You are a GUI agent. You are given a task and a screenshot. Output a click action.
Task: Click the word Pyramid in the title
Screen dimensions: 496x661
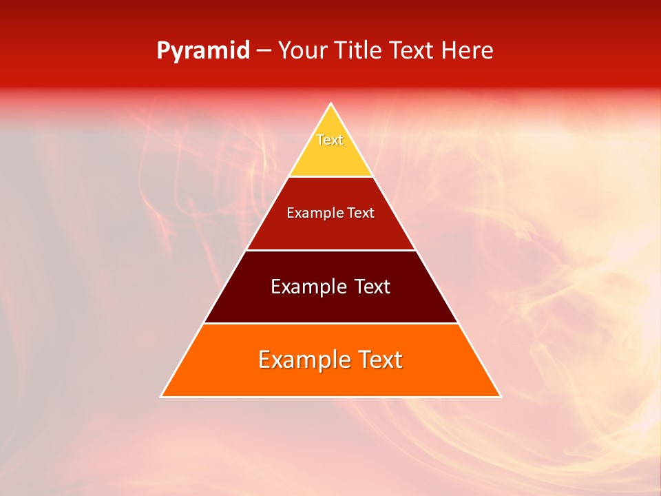click(x=203, y=51)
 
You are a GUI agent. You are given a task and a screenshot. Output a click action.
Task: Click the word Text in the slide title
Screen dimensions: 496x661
click(x=412, y=50)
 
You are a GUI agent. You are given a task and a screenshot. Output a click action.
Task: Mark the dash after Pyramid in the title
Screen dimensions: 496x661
click(x=264, y=51)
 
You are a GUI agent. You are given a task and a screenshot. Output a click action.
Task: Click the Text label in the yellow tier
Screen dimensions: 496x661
click(x=330, y=140)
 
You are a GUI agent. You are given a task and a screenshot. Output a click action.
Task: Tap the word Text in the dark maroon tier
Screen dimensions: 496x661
click(x=373, y=287)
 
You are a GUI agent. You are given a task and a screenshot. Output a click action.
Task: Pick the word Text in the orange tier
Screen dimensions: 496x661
click(x=379, y=360)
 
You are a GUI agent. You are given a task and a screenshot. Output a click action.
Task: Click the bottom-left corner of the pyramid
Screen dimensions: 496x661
click(x=161, y=396)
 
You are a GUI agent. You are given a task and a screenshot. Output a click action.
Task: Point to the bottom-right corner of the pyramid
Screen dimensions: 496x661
click(x=501, y=396)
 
